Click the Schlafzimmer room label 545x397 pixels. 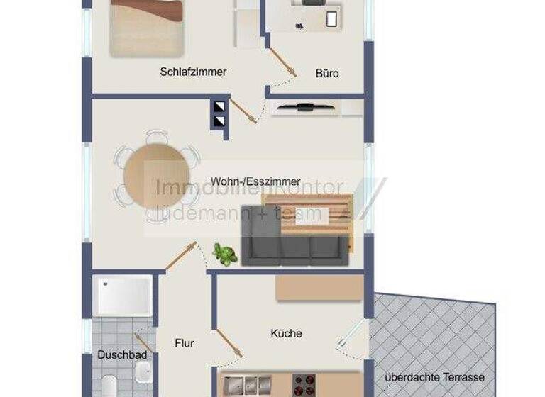tap(193, 72)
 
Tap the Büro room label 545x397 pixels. tap(327, 73)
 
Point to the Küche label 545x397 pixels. tap(286, 333)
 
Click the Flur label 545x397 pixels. tap(185, 343)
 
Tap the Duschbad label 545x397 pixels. tap(122, 354)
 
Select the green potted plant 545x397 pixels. tap(225, 255)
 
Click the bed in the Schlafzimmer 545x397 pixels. tap(146, 26)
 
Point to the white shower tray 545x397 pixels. tap(123, 295)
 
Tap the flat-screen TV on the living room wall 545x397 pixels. tap(304, 108)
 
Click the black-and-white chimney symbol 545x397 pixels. tap(220, 114)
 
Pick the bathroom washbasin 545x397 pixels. tap(143, 370)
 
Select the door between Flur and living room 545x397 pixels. tap(182, 256)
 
